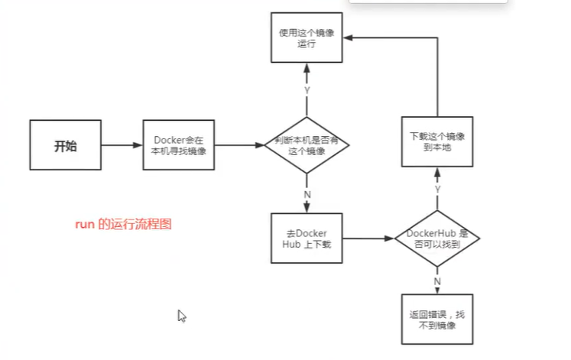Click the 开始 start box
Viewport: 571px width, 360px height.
tap(65, 145)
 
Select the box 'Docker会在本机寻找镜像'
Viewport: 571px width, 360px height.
tap(180, 145)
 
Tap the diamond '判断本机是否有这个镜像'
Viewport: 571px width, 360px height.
tap(306, 145)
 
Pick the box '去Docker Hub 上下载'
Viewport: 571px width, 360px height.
tap(306, 238)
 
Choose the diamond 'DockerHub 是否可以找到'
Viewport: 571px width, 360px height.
tap(437, 238)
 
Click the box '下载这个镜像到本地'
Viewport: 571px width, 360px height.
tap(437, 141)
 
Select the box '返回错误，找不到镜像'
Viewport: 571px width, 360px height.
tap(437, 319)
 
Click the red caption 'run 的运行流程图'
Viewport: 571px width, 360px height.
tap(123, 225)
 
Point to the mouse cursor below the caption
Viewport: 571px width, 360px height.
tap(181, 315)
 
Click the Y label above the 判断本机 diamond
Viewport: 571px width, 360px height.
tap(307, 90)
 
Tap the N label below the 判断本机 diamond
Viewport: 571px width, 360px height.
tap(307, 194)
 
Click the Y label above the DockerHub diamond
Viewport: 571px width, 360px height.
tap(438, 188)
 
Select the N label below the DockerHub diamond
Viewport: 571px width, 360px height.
tap(438, 281)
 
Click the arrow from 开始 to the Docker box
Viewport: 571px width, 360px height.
tap(121, 145)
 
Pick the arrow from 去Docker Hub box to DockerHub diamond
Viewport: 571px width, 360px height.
tap(367, 239)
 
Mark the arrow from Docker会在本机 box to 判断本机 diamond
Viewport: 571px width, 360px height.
tap(239, 145)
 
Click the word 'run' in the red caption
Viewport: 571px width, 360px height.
tap(83, 225)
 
